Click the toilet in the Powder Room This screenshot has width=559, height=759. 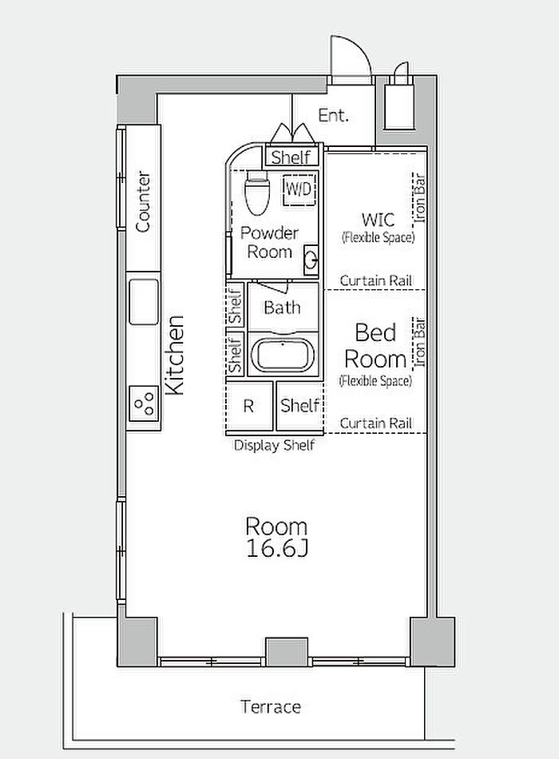click(256, 193)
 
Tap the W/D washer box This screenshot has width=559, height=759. click(299, 189)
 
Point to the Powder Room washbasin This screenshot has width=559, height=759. click(311, 260)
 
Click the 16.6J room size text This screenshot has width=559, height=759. click(276, 548)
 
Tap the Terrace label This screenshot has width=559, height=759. click(271, 707)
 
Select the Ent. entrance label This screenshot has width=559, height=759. click(334, 115)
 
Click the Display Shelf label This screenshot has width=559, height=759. click(275, 445)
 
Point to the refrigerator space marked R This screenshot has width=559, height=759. click(249, 406)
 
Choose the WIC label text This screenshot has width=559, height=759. click(378, 219)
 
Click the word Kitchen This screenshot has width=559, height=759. click(175, 355)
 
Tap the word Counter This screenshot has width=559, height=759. click(143, 201)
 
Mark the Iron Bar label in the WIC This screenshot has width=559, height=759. click(419, 198)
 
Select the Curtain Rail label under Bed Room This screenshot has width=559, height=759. click(376, 423)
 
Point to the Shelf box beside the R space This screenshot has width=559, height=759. click(300, 406)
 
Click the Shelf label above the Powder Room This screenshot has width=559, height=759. click(291, 157)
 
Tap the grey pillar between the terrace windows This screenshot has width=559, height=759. click(287, 651)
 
